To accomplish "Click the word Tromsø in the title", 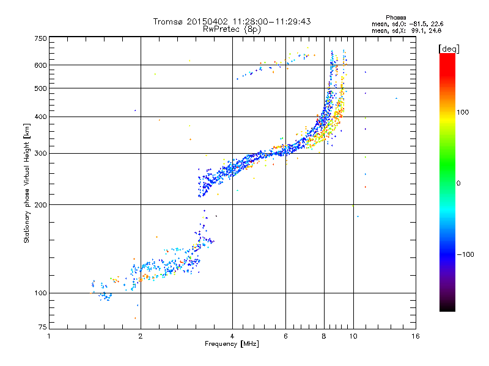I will (x=169, y=21).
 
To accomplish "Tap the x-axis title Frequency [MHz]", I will (x=232, y=345).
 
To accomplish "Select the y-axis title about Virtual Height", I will (x=26, y=183).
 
